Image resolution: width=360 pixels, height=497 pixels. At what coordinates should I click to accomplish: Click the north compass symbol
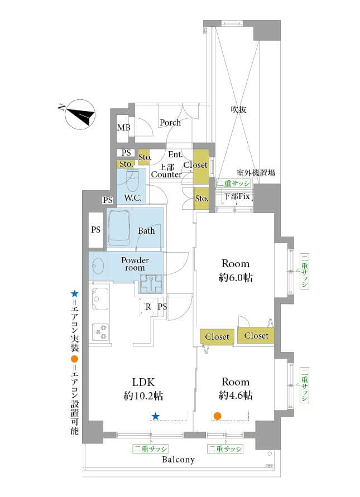[x=80, y=116]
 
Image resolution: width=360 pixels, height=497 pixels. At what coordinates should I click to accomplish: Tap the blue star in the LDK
[x=156, y=416]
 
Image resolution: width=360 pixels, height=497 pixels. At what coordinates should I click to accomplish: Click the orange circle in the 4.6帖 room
[x=218, y=416]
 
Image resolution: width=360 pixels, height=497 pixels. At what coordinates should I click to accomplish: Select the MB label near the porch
[x=123, y=128]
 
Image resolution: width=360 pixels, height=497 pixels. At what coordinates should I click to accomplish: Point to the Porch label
[x=170, y=122]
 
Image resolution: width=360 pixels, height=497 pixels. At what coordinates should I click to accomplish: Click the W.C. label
[x=133, y=198]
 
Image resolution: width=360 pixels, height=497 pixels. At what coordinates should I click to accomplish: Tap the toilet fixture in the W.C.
[x=132, y=180]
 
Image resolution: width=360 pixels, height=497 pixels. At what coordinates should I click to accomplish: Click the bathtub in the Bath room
[x=119, y=228]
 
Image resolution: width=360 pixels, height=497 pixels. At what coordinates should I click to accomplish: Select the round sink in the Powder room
[x=97, y=267]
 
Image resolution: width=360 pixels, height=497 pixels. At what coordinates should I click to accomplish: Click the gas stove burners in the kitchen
[x=100, y=332]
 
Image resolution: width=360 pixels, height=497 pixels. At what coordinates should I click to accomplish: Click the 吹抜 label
[x=238, y=110]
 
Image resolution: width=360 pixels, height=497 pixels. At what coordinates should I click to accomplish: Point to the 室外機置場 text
[x=255, y=173]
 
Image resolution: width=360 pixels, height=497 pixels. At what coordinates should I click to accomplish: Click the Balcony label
[x=178, y=460]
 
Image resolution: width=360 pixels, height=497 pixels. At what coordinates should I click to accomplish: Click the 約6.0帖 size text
[x=235, y=277]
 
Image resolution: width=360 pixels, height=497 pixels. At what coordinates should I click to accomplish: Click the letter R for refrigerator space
[x=148, y=306]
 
